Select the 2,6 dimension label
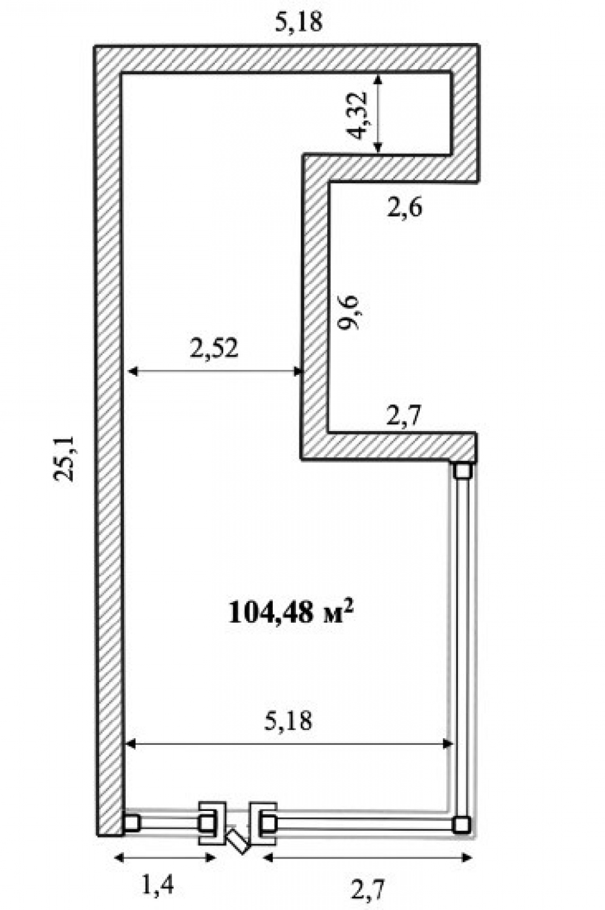coord(405,207)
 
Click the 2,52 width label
coord(214,348)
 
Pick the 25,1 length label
coord(64,458)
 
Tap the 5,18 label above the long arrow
coord(289,720)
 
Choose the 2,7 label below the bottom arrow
coord(367,889)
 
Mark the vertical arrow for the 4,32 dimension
coord(378,113)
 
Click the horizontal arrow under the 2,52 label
coord(215,371)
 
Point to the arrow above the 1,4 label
coord(165,857)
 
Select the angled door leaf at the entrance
coord(238,841)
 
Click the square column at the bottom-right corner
coord(462,823)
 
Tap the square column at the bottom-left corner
coord(131,822)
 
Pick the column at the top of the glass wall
coord(463,470)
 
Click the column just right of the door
coord(267,822)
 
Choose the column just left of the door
coord(208,822)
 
